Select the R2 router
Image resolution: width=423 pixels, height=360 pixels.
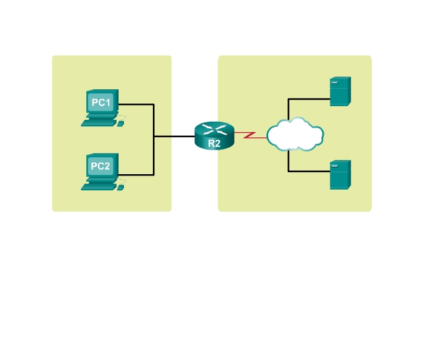point(213,136)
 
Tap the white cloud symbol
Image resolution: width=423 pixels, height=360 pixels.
point(295,135)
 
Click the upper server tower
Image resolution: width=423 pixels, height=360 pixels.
point(339,91)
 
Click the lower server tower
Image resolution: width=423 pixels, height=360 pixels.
point(339,175)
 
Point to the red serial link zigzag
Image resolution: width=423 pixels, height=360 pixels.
point(250,136)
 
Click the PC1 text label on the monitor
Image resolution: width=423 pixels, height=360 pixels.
point(100,102)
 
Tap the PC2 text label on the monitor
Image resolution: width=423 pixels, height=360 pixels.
point(100,166)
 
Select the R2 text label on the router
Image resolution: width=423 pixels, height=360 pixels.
point(214,144)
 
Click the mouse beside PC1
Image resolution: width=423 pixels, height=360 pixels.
point(120,123)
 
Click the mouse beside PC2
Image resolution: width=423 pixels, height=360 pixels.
point(120,187)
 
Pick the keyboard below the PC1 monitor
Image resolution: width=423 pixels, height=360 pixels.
point(98,122)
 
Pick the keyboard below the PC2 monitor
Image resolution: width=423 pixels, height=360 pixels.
point(98,186)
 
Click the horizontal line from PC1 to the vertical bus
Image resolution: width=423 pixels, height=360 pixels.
point(137,104)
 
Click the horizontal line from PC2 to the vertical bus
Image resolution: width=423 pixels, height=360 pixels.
point(137,174)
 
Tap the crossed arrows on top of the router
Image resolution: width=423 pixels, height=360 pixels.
point(213,128)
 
